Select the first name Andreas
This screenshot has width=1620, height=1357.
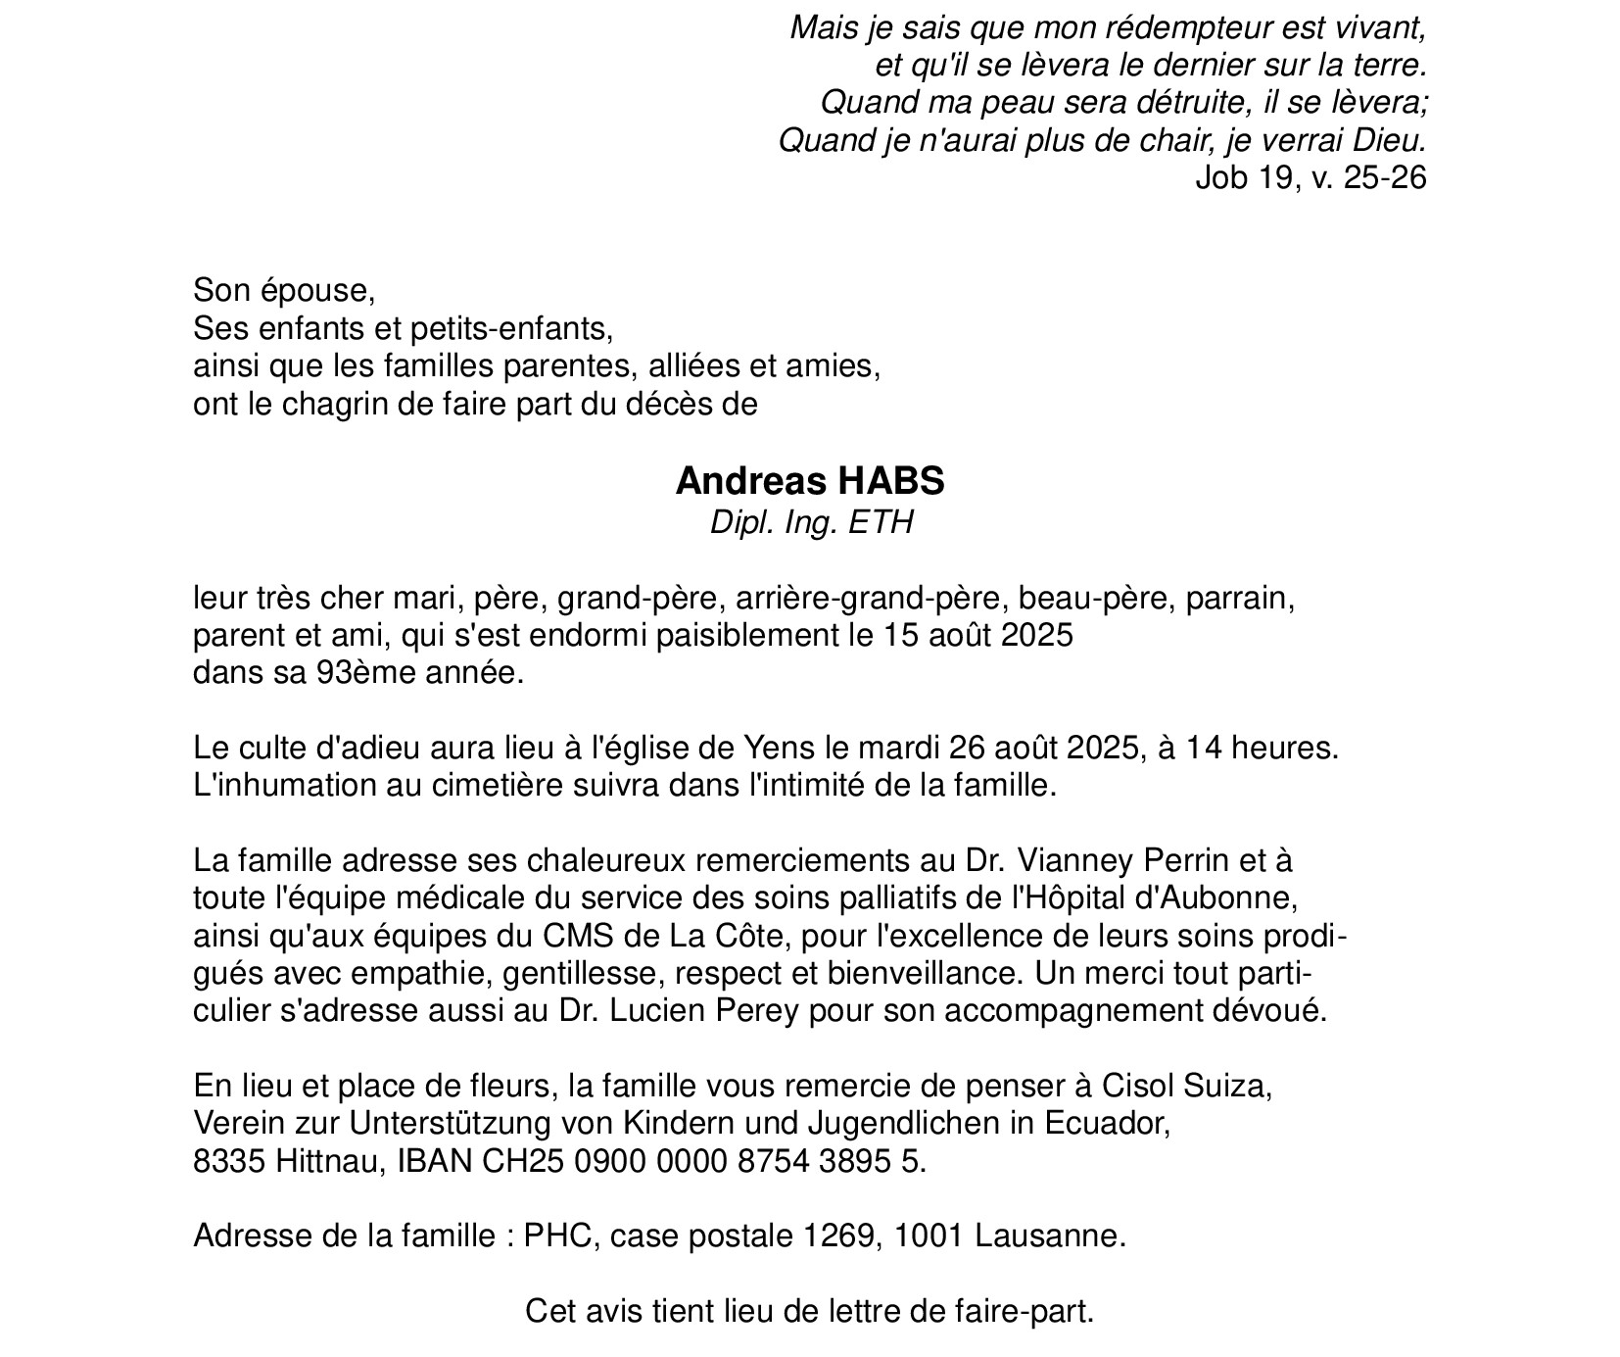739,481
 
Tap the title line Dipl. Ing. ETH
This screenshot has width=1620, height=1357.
811,523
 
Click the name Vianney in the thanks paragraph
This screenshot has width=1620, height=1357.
1071,861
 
